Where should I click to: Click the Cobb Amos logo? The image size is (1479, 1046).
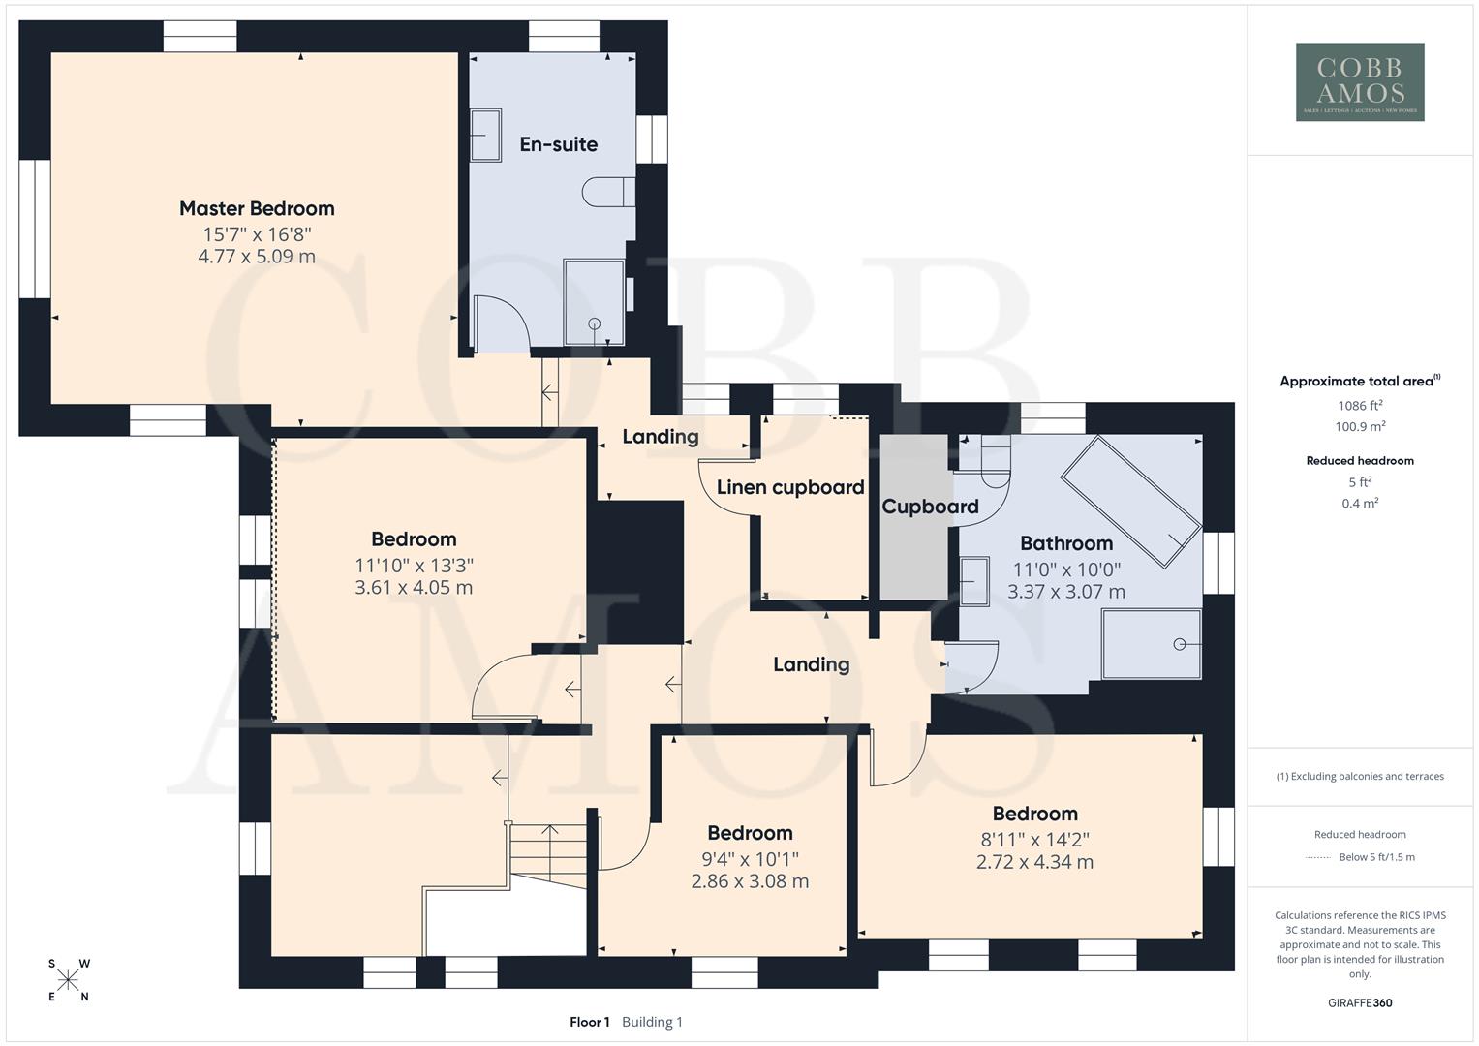(x=1360, y=81)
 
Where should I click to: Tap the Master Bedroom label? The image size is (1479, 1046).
(x=257, y=208)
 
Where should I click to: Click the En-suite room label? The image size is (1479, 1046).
(x=558, y=144)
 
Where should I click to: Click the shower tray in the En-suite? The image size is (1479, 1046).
(x=594, y=301)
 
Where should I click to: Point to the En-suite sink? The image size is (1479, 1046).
(x=485, y=135)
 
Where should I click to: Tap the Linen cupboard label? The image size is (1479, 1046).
(x=789, y=487)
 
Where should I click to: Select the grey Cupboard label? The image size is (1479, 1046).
(x=930, y=507)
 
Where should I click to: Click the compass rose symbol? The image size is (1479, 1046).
(x=68, y=980)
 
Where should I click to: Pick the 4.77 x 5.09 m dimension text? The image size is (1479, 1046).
(x=257, y=257)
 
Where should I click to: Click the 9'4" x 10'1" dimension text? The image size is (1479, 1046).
(x=750, y=858)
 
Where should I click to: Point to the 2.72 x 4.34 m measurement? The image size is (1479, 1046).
(x=1034, y=862)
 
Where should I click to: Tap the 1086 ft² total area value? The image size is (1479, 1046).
(x=1360, y=406)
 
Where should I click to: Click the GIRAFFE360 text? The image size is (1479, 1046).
(x=1360, y=1002)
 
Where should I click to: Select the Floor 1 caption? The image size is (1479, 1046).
(x=589, y=1022)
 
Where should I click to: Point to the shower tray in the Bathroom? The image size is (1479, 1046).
(x=1152, y=644)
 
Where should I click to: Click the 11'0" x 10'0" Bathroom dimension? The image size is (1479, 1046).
(x=1066, y=569)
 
